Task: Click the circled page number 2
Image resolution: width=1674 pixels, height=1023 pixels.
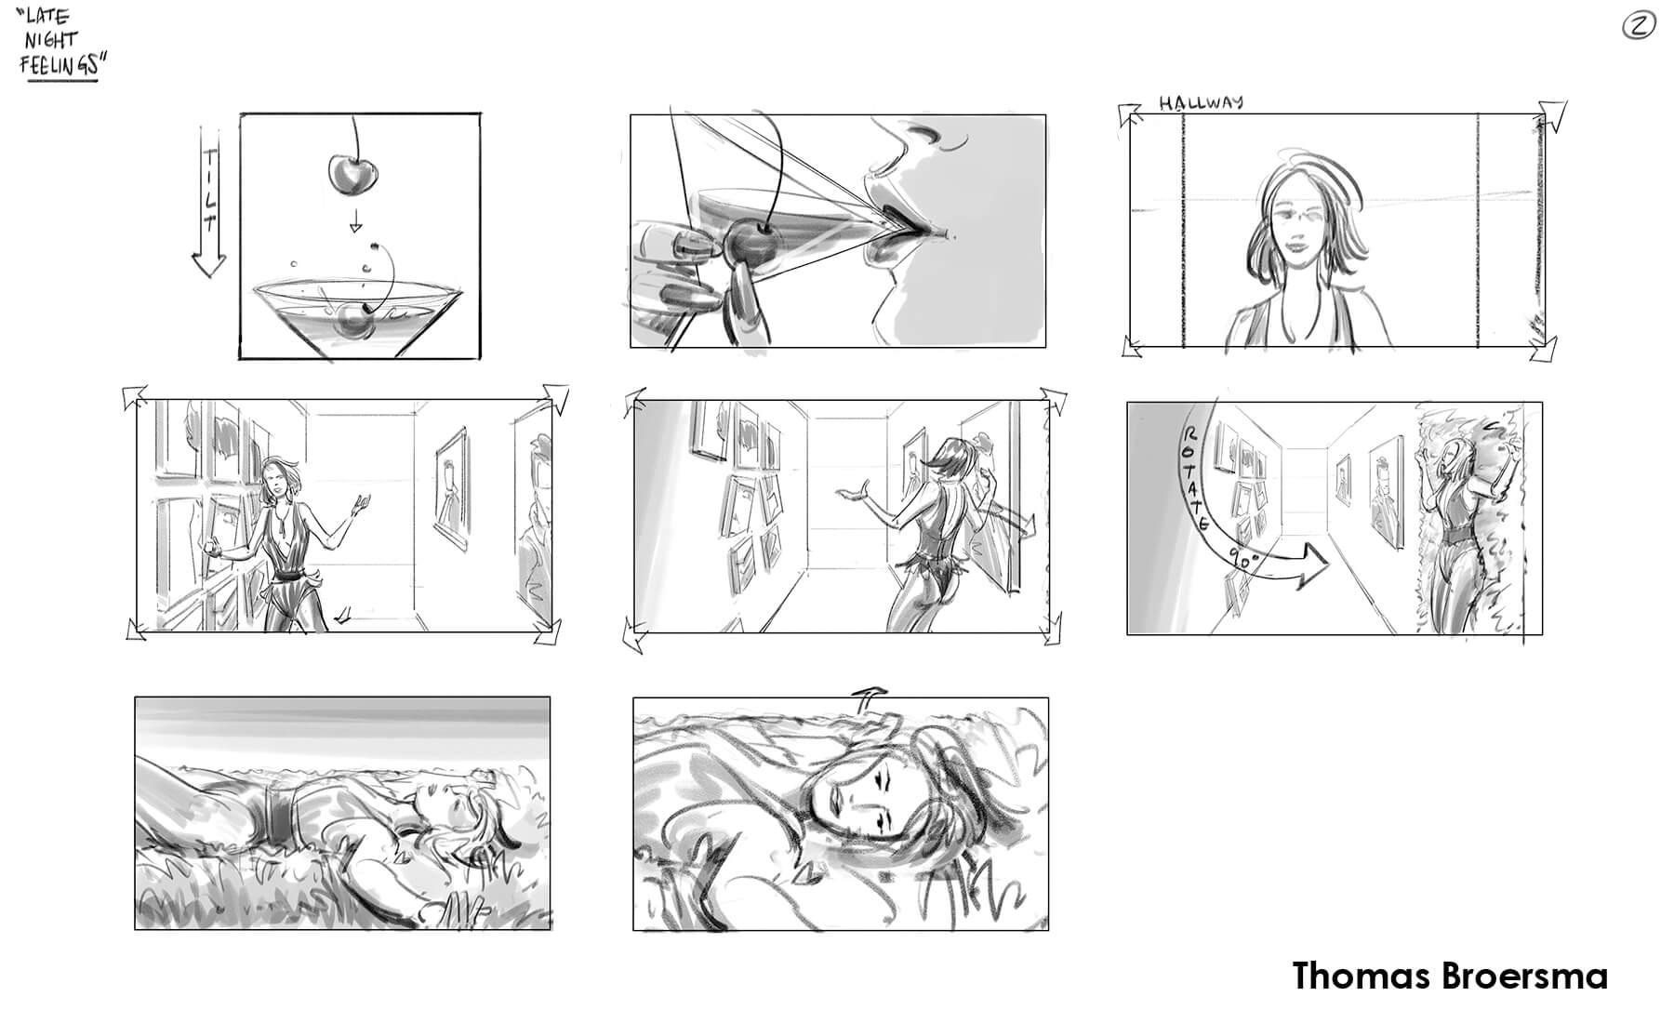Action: coord(1638,27)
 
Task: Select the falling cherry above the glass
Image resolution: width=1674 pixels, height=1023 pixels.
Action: coord(348,175)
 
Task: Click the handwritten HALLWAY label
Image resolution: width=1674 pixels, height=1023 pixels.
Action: coord(1201,102)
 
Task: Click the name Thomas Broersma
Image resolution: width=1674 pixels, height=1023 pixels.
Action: coord(1450,976)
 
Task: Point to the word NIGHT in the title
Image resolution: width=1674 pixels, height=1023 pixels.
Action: coord(52,41)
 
